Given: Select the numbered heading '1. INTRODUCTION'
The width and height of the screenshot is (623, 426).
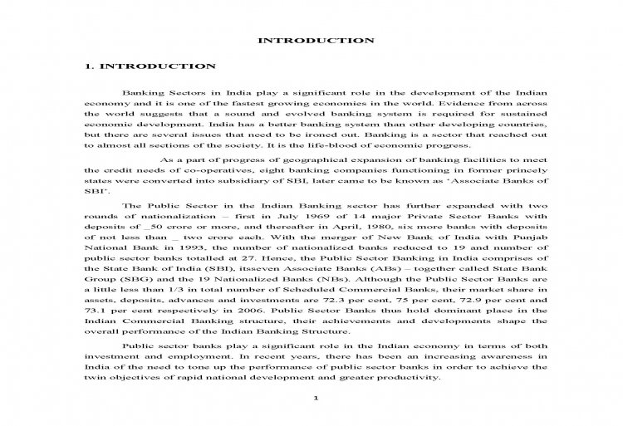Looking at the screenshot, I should coord(151,66).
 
